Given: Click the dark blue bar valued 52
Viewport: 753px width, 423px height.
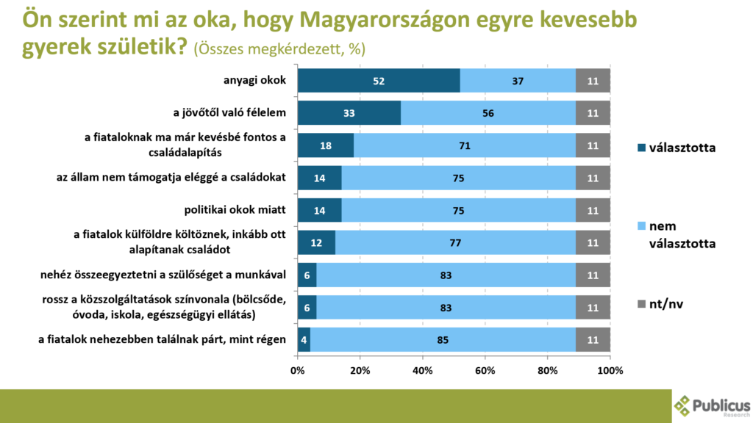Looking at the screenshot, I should tap(379, 81).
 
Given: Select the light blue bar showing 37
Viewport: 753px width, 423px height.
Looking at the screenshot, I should tap(518, 81).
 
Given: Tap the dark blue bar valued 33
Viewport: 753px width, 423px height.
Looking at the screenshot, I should tap(349, 113).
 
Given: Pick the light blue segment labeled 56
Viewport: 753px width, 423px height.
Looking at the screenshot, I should tap(488, 113).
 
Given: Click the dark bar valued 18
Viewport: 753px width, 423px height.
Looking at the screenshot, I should tap(326, 145).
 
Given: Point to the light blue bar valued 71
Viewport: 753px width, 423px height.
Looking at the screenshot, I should tap(465, 145).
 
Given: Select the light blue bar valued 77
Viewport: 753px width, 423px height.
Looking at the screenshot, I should tap(455, 242).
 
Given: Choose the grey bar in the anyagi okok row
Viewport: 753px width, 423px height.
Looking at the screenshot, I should tap(593, 81).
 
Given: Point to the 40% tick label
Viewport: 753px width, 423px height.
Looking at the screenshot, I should tap(423, 369).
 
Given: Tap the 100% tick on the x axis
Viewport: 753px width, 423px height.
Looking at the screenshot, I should tap(610, 369).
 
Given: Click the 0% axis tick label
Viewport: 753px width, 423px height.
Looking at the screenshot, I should tap(298, 369).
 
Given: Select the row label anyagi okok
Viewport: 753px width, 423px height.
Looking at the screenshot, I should tap(254, 81).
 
